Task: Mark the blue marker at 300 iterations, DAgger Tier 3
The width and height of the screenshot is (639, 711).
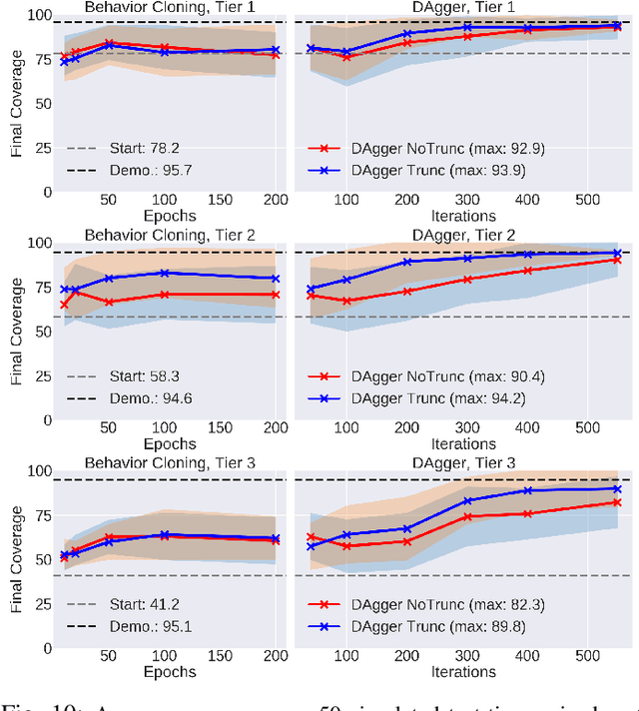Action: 466,500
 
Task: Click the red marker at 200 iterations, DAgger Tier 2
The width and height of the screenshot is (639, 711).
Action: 406,291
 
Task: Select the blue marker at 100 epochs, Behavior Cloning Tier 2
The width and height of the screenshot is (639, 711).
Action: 164,273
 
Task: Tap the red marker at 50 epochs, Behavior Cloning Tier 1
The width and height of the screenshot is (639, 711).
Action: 109,43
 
